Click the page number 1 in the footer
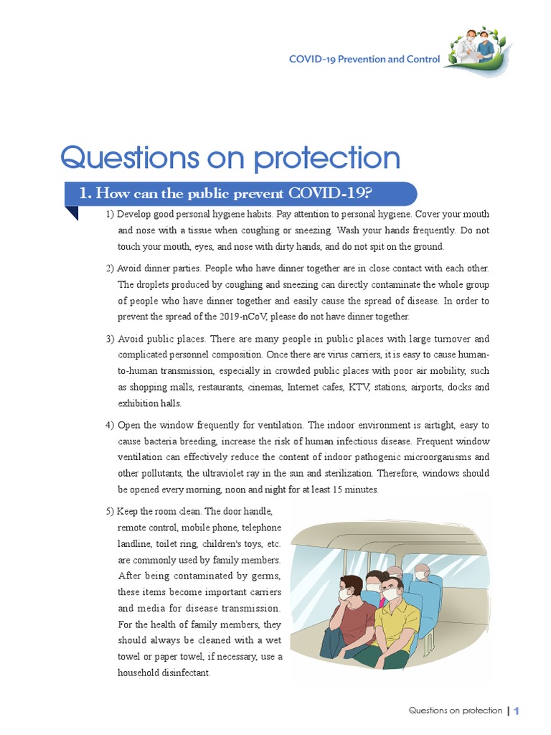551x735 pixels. click(515, 711)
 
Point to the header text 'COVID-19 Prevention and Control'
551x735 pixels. click(364, 59)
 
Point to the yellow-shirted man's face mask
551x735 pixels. click(387, 596)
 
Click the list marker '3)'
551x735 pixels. click(110, 339)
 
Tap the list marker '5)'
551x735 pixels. click(110, 511)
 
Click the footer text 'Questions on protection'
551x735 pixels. click(455, 711)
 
